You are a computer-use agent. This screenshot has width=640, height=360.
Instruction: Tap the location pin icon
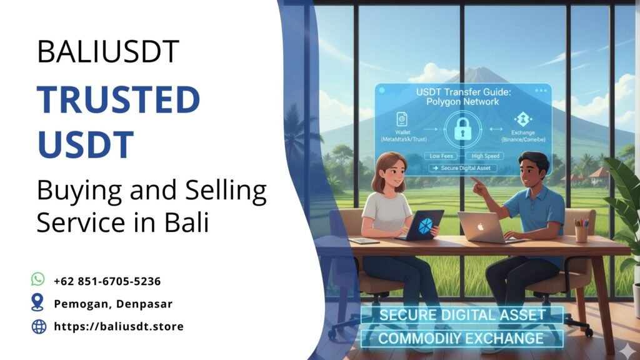(x=38, y=303)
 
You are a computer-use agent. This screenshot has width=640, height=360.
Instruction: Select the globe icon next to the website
(x=39, y=326)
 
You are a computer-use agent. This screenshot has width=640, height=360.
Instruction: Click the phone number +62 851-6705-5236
(x=107, y=281)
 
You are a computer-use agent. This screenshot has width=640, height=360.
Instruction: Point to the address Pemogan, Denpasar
(x=113, y=304)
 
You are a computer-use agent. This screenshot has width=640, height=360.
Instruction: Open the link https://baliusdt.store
(x=119, y=326)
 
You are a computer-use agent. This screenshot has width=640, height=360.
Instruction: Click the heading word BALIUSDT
(x=108, y=51)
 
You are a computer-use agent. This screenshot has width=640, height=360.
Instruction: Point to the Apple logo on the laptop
(x=481, y=226)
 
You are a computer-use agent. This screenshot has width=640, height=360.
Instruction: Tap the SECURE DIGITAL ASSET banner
(x=462, y=315)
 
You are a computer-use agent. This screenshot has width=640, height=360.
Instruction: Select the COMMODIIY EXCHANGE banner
(x=462, y=339)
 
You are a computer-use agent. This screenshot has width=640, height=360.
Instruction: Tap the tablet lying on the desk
(x=364, y=241)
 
